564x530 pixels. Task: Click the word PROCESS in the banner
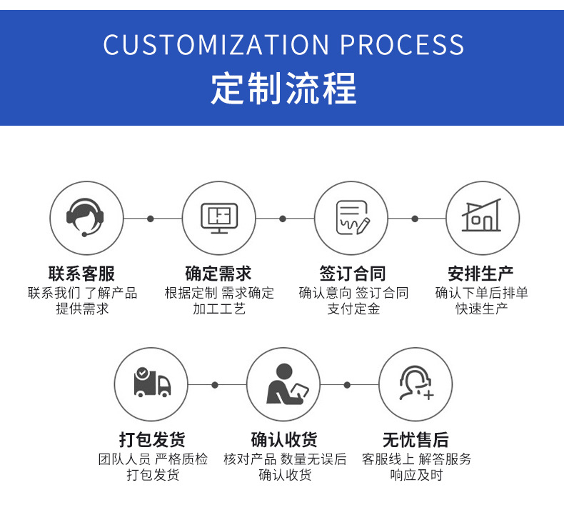point(402,45)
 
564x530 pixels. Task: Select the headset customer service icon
point(86,218)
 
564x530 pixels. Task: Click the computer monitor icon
point(218,218)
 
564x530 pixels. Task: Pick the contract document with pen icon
point(351,218)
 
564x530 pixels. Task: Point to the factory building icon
point(483,218)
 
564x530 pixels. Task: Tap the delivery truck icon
point(151,384)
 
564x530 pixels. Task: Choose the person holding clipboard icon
point(283,384)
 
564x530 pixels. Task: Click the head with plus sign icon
point(416,384)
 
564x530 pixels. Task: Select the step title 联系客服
point(81,274)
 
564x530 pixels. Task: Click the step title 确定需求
point(218,274)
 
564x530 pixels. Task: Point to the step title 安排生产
point(481,274)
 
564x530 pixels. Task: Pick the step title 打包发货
point(152,439)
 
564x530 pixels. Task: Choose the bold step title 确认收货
point(284,439)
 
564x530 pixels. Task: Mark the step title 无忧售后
point(416,439)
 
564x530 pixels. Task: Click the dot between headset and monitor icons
point(150,219)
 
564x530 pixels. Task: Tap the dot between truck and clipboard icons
point(215,385)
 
